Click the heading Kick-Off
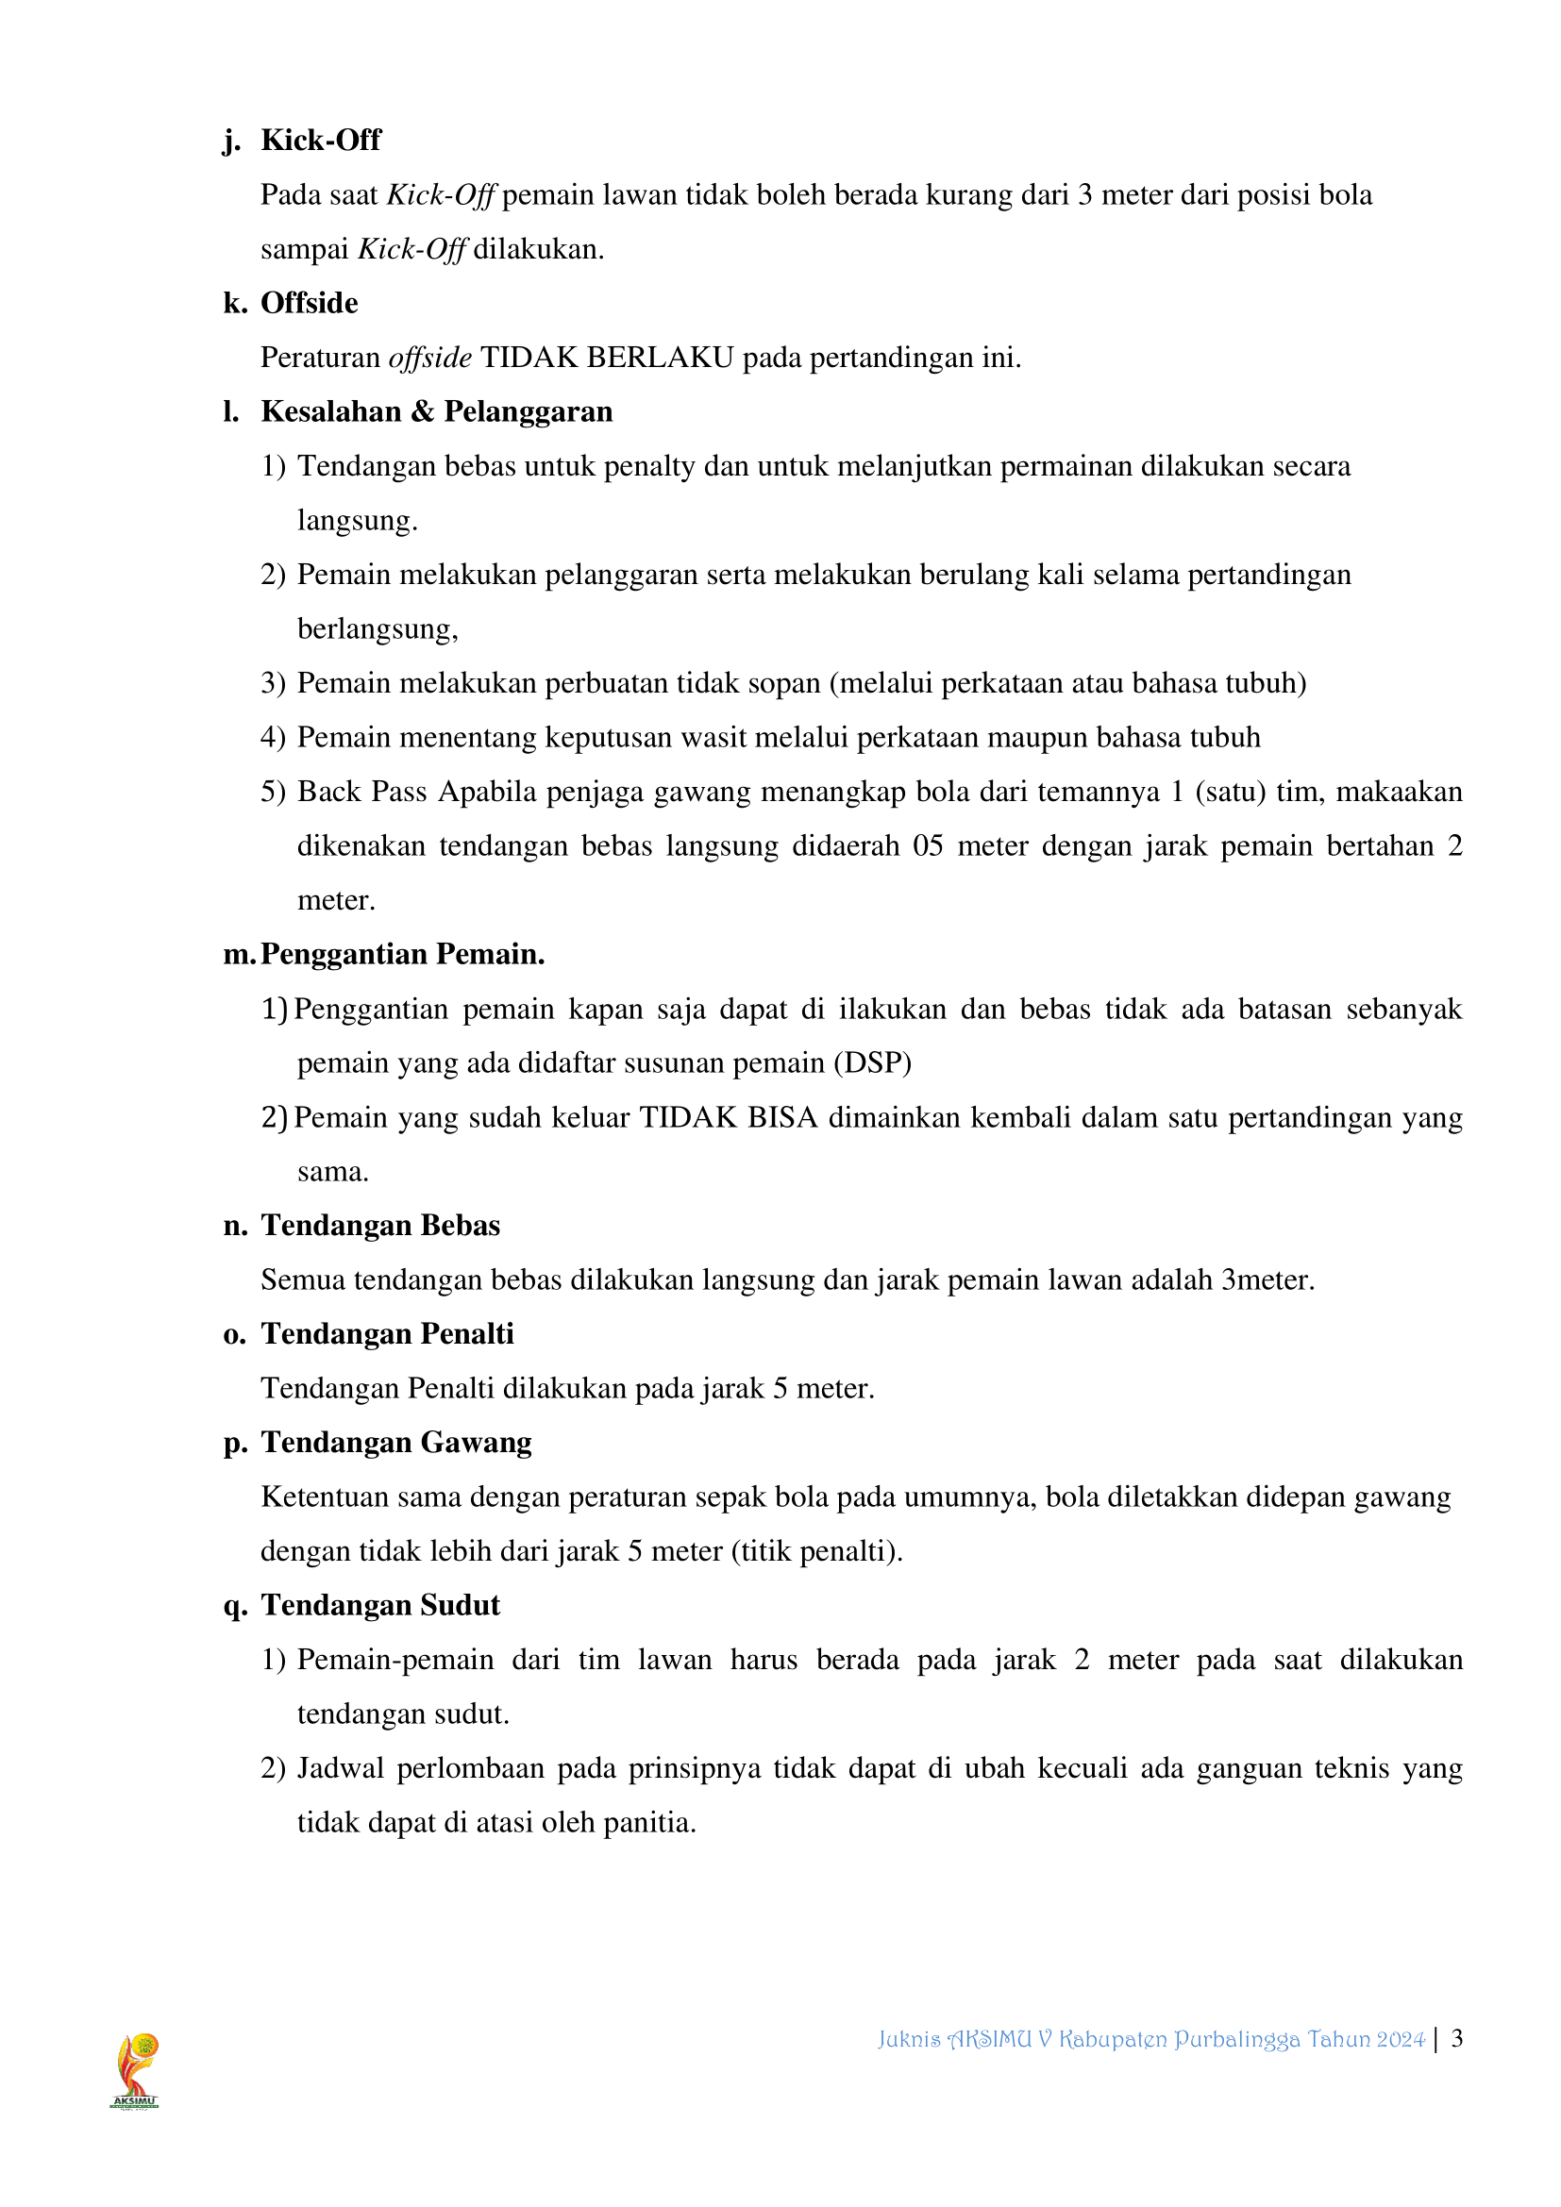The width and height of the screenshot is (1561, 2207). click(320, 141)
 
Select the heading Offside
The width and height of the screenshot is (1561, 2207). click(309, 303)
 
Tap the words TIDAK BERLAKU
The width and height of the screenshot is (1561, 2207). click(607, 358)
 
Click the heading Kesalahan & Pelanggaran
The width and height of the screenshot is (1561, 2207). click(436, 411)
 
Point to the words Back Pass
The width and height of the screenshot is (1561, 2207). click(361, 792)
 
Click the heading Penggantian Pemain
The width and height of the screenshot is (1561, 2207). click(402, 955)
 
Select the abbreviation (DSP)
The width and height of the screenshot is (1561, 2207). click(873, 1063)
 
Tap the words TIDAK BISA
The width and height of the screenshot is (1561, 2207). click(729, 1118)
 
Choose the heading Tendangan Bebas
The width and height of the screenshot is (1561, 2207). click(379, 1227)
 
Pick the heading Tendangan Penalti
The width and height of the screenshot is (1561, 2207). click(387, 1334)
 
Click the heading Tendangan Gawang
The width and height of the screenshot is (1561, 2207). click(396, 1443)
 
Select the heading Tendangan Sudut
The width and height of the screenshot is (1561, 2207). click(379, 1606)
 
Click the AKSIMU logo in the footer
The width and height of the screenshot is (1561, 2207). click(136, 2069)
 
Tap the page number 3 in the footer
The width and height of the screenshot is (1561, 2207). click(1457, 2039)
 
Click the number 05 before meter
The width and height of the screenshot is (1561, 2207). click(928, 845)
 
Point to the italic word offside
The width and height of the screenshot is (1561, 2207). click(429, 358)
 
